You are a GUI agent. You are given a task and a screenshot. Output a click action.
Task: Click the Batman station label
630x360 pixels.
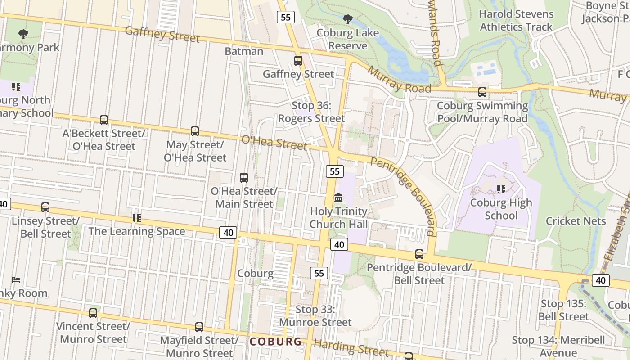[244, 51]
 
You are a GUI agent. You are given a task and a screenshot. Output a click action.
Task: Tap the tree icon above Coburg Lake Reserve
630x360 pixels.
[347, 19]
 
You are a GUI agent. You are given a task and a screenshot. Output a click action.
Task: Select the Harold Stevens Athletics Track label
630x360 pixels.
[516, 21]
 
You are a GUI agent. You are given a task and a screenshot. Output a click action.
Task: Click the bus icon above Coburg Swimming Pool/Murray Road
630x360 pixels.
[482, 92]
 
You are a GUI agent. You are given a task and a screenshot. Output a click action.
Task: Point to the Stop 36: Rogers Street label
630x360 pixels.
[311, 112]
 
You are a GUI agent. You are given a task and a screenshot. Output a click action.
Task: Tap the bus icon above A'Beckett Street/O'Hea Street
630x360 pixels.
[104, 120]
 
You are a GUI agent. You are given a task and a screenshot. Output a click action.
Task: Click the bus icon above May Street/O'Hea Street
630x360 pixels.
[195, 131]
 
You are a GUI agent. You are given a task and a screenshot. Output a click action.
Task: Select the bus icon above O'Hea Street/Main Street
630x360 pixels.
[244, 178]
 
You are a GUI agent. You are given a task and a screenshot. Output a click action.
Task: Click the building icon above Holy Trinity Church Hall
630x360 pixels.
[338, 198]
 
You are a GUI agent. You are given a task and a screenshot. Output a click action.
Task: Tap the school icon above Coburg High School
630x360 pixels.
[501, 189]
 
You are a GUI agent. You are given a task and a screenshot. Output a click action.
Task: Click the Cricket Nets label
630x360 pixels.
[576, 221]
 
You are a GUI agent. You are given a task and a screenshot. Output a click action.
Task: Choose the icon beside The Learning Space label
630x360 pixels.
[137, 218]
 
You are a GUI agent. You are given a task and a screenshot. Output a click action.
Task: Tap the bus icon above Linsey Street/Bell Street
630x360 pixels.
[45, 207]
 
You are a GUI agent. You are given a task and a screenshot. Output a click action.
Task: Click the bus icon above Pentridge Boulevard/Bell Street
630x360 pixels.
[419, 254]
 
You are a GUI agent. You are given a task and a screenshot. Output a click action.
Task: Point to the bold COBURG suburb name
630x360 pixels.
[276, 342]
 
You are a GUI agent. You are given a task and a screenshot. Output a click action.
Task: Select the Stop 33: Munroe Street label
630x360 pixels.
[315, 316]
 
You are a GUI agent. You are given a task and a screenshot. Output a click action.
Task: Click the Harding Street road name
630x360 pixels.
[351, 347]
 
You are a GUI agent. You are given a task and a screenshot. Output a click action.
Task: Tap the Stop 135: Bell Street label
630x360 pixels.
[563, 310]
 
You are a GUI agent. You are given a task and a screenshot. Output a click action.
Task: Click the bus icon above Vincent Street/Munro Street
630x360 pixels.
[93, 313]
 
